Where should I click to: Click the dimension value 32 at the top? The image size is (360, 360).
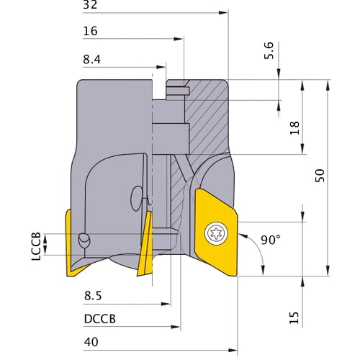[90, 4]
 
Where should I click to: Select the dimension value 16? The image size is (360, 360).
[91, 32]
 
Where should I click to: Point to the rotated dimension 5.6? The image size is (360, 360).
[269, 51]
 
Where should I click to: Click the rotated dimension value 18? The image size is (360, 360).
[294, 128]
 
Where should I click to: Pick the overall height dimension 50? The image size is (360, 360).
[321, 175]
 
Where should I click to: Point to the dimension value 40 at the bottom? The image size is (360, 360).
[91, 343]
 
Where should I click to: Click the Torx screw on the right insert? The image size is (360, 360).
[214, 232]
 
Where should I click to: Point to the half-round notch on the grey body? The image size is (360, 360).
[136, 197]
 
